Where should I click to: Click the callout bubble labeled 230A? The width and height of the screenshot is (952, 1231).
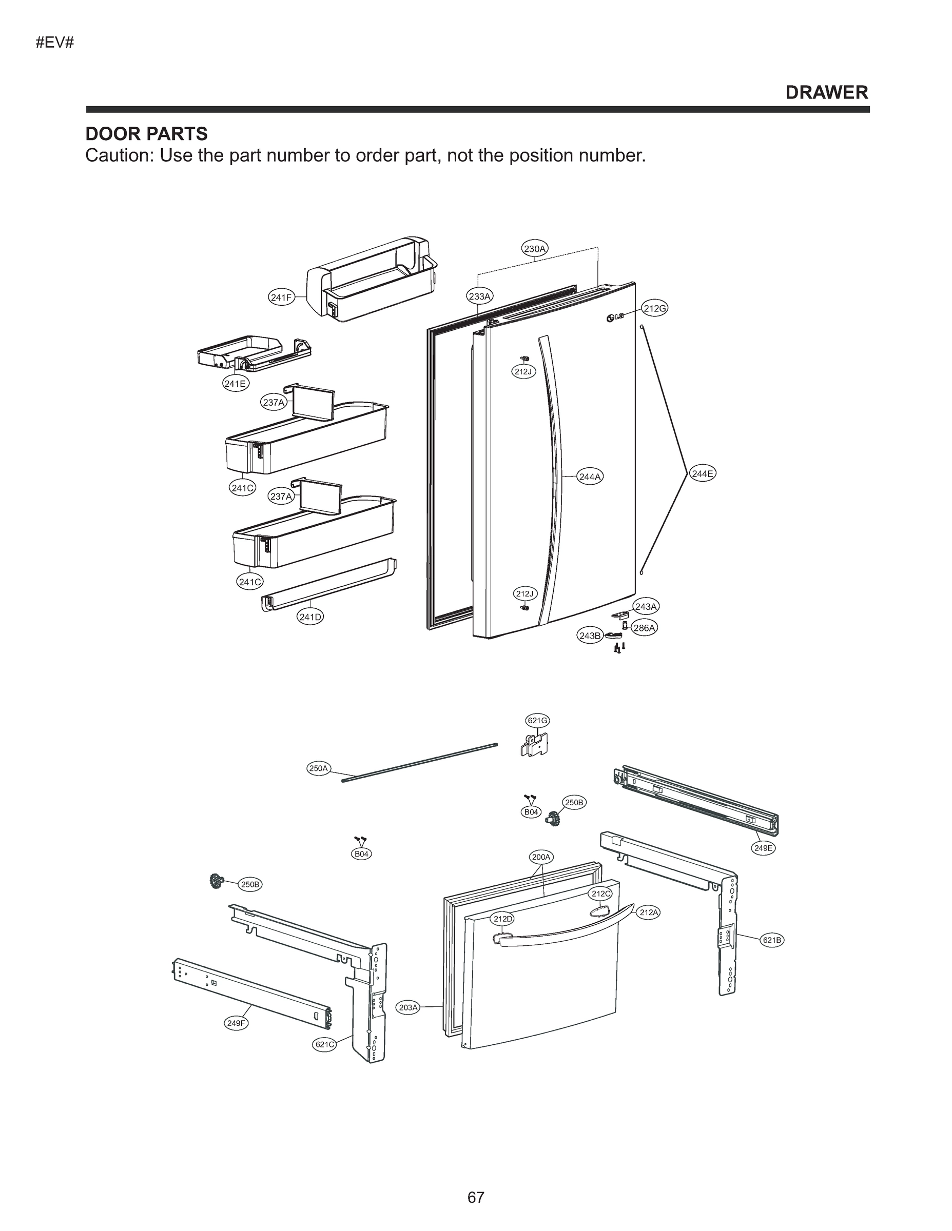[534, 249]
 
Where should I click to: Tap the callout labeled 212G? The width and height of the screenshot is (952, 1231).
[655, 308]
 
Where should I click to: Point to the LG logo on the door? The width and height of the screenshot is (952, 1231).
[615, 317]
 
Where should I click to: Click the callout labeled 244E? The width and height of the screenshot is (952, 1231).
[703, 473]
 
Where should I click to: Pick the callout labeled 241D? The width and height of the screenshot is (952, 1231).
[310, 617]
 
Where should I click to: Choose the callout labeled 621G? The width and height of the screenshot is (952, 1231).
[537, 720]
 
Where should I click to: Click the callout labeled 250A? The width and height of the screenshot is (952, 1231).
[319, 768]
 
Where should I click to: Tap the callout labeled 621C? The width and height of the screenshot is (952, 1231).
[324, 1044]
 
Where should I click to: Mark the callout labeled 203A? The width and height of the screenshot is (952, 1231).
[409, 1007]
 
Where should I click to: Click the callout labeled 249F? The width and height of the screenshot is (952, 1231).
[236, 1024]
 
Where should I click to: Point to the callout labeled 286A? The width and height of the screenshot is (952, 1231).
[645, 627]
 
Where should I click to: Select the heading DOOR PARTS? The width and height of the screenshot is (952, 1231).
[146, 134]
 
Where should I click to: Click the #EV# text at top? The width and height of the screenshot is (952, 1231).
[55, 43]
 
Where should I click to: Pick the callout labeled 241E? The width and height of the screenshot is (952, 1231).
[235, 384]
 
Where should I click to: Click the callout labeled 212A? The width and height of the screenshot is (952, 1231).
[649, 912]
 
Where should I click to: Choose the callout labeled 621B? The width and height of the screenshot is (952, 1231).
[771, 940]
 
